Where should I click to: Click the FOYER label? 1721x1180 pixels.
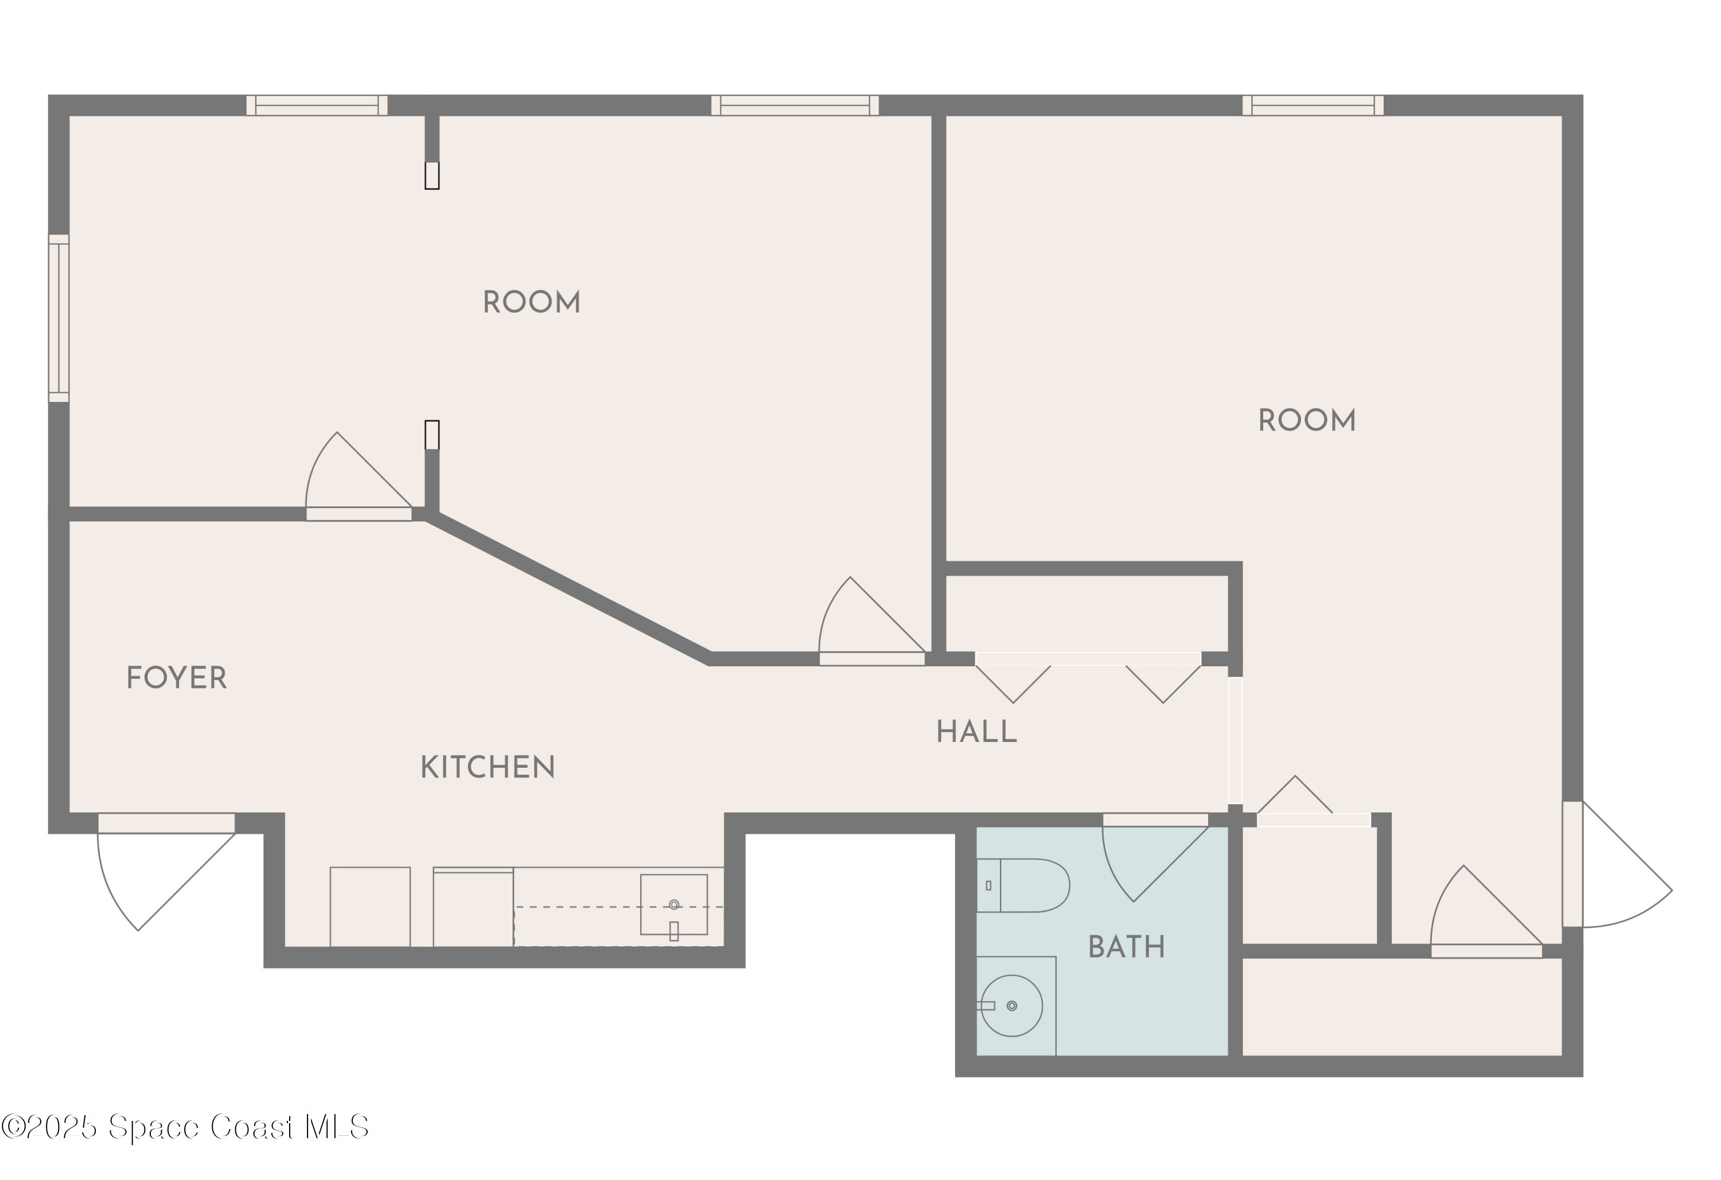pyautogui.click(x=176, y=678)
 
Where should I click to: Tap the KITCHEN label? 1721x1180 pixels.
pyautogui.click(x=487, y=768)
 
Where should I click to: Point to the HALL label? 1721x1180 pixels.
pyautogui.click(x=976, y=732)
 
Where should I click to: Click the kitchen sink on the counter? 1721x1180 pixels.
pyautogui.click(x=673, y=905)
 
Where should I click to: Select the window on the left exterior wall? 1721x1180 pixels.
pyautogui.click(x=59, y=318)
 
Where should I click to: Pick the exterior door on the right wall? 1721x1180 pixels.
pyautogui.click(x=1614, y=864)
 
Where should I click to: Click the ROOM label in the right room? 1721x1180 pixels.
pyautogui.click(x=1306, y=421)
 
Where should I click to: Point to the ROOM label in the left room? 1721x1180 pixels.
pyautogui.click(x=531, y=303)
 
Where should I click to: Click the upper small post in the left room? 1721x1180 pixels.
pyautogui.click(x=432, y=175)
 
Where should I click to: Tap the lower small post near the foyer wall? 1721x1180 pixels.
pyautogui.click(x=432, y=435)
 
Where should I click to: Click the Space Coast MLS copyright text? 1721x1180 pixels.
pyautogui.click(x=185, y=1127)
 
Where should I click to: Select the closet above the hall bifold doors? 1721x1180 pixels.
pyautogui.click(x=1087, y=614)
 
